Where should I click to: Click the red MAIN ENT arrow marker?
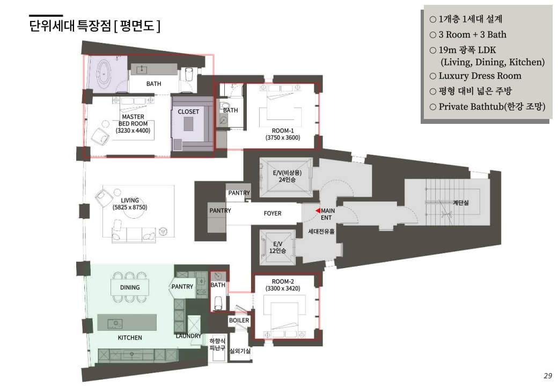point(318,211)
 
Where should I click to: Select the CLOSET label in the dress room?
point(188,112)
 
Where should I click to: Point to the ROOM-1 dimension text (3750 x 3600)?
point(283,138)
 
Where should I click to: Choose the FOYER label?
point(273,213)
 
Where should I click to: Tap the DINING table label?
point(130,287)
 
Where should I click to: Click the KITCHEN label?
point(130,338)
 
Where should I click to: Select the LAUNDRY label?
point(188,336)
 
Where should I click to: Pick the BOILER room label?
point(239,321)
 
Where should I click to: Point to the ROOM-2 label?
point(283,281)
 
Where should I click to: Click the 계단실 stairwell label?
point(460,203)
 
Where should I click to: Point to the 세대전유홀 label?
point(321,232)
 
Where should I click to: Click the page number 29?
point(547,375)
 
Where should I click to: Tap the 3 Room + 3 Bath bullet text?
point(472,35)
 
